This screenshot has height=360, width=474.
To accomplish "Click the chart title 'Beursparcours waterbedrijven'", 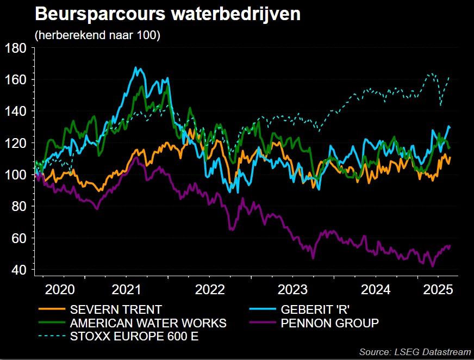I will pos(167,15).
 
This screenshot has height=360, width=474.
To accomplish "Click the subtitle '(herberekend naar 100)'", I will pos(97,36).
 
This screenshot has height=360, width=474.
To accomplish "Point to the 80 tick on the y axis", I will pos(18,207).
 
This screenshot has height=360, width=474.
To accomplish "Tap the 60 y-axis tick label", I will pos(18,238).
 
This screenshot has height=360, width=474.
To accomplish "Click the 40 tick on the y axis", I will pos(18,270).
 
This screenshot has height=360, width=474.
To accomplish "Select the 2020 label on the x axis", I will pos(60,289).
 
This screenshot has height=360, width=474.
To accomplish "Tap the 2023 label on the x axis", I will pos(291,289).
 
